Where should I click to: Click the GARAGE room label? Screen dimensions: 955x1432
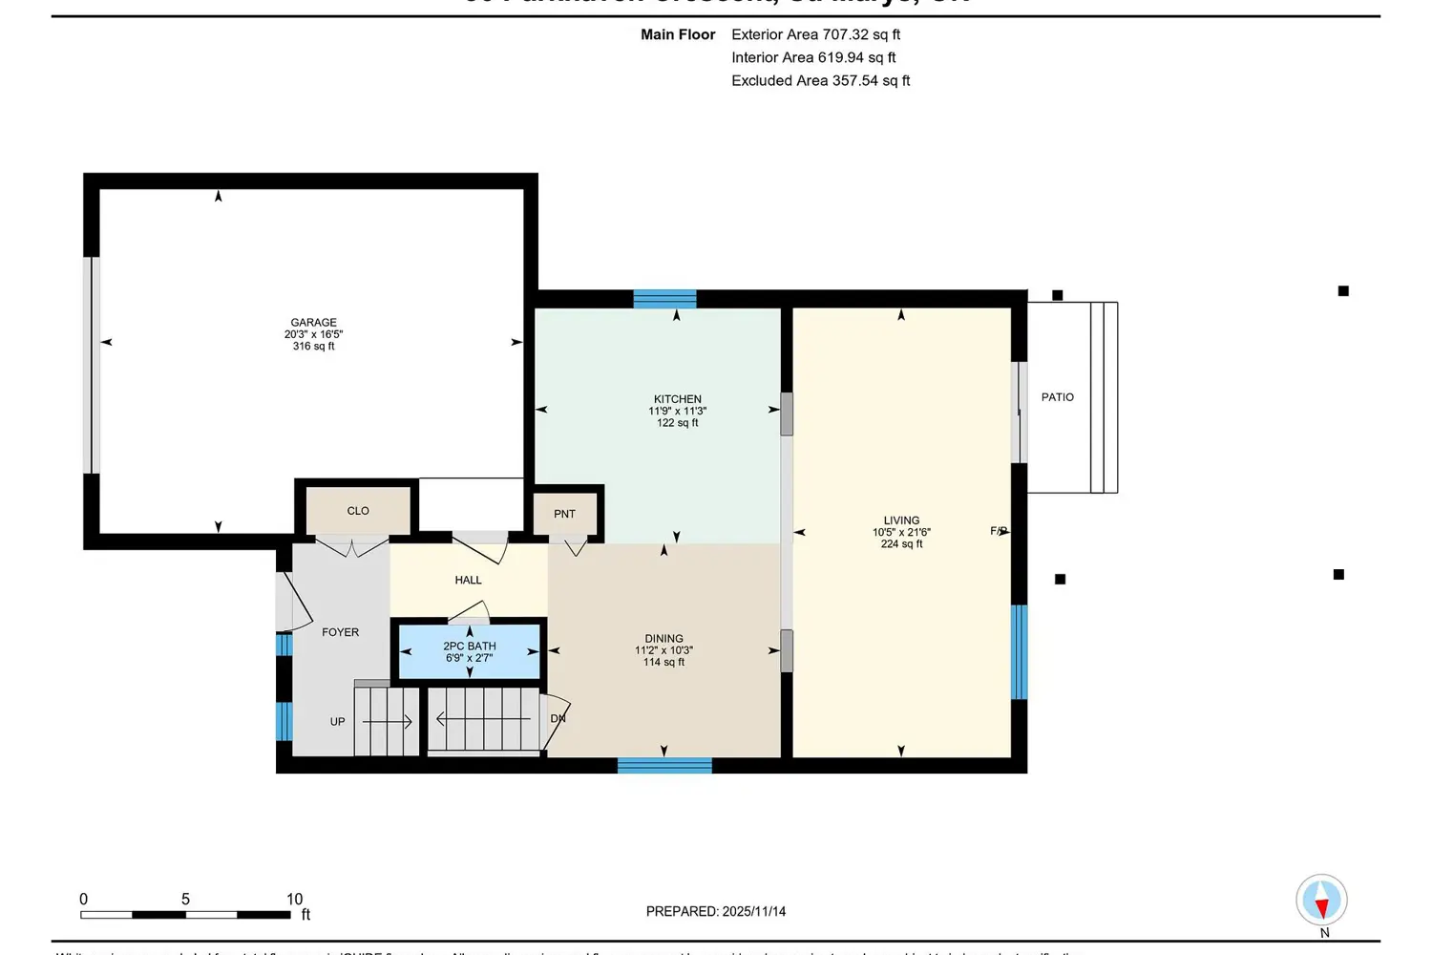313,323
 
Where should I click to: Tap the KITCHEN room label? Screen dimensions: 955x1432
677,399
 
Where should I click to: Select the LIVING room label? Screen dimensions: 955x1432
901,520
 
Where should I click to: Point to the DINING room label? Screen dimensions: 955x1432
663,639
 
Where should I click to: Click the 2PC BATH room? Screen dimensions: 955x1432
469,651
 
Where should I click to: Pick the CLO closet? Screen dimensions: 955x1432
358,511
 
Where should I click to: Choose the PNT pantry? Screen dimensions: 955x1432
564,514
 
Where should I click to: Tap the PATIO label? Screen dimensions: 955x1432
1057,397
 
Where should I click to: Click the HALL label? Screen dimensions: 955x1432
468,580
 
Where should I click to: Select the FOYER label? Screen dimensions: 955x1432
340,632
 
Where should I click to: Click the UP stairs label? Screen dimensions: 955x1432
337,722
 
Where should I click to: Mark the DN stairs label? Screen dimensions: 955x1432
558,718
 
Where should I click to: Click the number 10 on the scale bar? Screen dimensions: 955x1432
294,899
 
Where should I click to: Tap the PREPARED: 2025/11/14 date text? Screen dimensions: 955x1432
715,911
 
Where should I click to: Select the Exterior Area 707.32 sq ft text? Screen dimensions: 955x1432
815,34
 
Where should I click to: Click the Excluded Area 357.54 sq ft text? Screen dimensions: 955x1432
820,80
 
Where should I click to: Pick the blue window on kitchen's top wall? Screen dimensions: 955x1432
664,299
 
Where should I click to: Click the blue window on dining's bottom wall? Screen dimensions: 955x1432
664,765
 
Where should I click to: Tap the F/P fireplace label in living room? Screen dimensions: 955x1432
999,531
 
